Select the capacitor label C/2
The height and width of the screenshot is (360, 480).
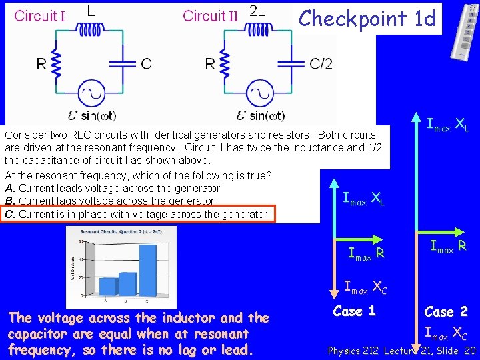coord(321,63)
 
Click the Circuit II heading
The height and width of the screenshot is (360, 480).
coord(210,15)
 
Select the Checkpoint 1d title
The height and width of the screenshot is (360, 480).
coord(367,17)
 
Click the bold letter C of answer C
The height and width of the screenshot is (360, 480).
coord(9,214)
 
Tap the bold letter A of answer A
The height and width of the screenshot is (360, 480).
coord(9,188)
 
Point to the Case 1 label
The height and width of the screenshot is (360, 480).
coord(354,311)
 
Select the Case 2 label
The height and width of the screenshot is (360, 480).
coord(446,311)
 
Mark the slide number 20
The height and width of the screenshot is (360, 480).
coord(469,351)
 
